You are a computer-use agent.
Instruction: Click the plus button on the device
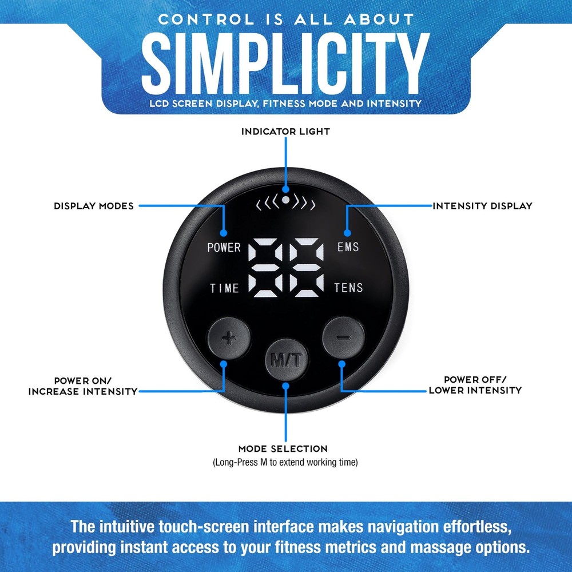click(229, 338)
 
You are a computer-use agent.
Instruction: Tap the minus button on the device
click(343, 337)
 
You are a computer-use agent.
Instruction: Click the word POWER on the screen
click(224, 247)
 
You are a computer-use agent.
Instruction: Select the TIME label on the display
click(224, 288)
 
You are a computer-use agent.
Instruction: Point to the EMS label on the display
click(348, 247)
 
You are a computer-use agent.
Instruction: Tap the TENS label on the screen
click(348, 288)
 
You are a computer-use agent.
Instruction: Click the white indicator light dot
click(286, 200)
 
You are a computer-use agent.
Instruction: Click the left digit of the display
click(265, 267)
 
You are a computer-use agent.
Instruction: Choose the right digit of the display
click(307, 267)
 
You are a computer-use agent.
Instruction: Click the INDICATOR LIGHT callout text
click(285, 132)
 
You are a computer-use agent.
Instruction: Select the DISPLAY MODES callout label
click(94, 206)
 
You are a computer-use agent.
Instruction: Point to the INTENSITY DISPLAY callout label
click(482, 206)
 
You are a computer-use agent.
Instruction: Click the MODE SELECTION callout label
click(283, 448)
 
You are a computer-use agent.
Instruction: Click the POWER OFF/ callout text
click(475, 380)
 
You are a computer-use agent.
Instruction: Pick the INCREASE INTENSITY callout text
click(83, 391)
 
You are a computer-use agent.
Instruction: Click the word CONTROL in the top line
click(206, 19)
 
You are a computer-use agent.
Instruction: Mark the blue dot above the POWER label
click(224, 233)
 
